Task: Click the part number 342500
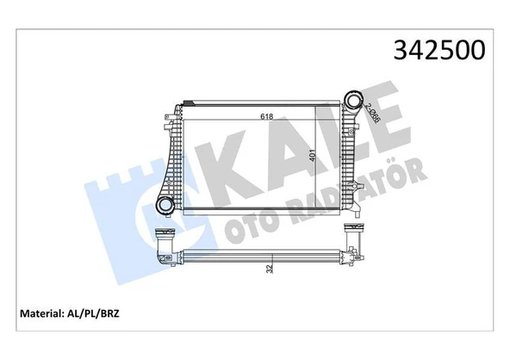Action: click(x=440, y=49)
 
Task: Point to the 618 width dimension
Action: click(x=269, y=117)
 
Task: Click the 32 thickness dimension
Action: click(x=270, y=267)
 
